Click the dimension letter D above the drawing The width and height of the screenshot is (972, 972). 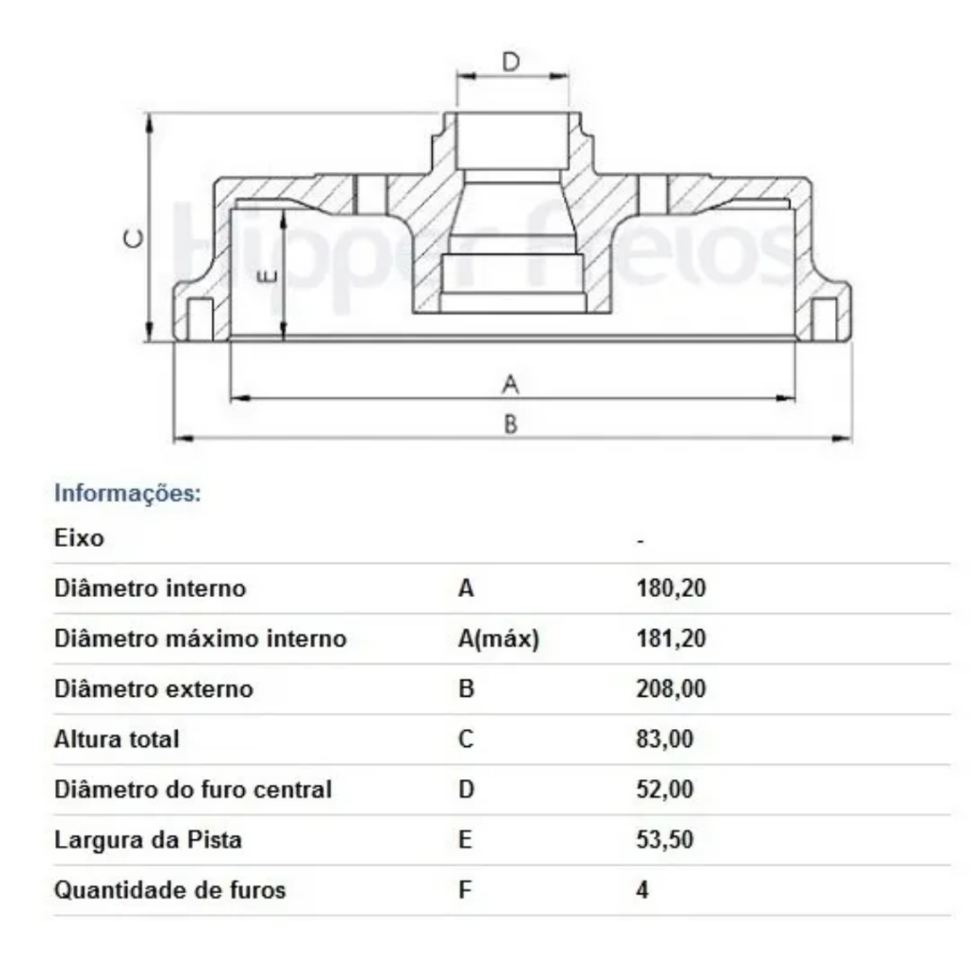click(511, 62)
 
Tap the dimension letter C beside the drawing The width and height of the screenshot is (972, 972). click(134, 238)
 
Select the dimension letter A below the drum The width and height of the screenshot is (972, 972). click(510, 384)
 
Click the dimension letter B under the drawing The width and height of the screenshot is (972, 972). click(510, 425)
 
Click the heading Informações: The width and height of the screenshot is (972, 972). click(128, 494)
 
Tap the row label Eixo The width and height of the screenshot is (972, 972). click(79, 537)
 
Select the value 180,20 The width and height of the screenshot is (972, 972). click(671, 588)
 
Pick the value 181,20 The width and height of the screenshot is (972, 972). click(671, 639)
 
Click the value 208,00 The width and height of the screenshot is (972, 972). click(671, 689)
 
